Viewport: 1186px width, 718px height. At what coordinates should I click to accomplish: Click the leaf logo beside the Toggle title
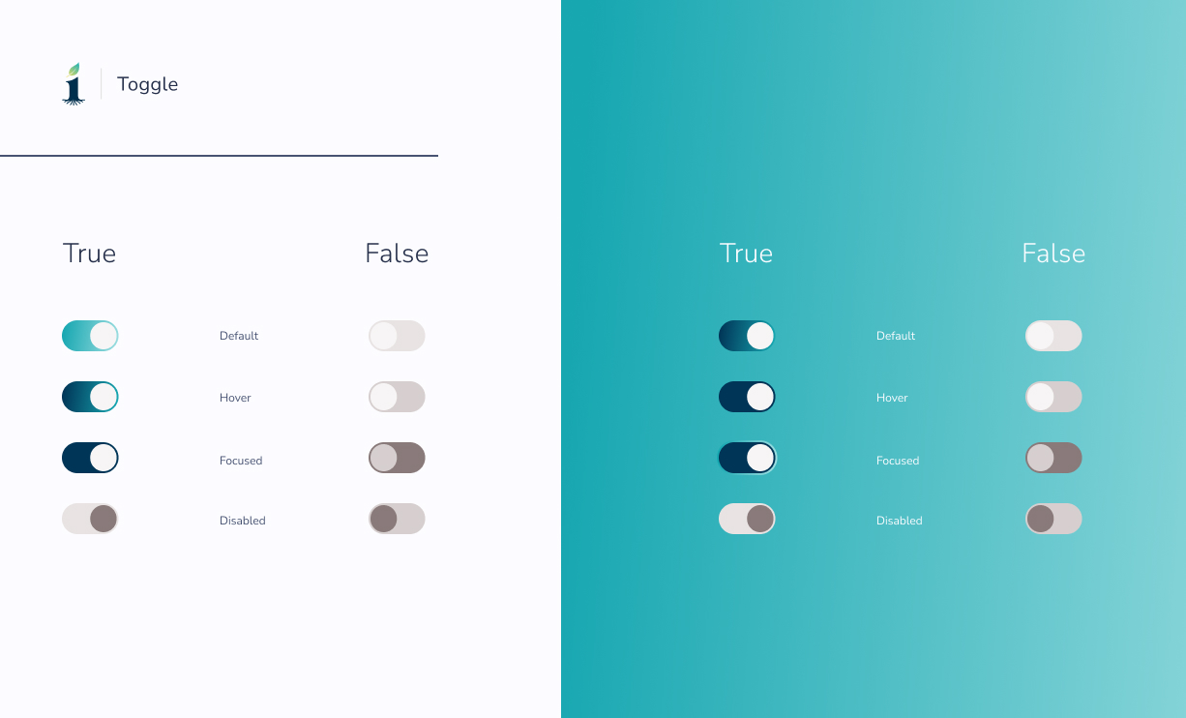point(74,84)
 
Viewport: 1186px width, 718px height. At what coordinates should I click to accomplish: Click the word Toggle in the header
point(147,84)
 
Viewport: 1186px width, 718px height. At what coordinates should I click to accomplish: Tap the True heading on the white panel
point(89,254)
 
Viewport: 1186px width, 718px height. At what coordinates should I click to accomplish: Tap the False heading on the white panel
point(397,254)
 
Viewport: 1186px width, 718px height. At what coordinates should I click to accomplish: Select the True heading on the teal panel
point(746,254)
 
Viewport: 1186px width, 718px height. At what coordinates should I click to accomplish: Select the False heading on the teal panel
point(1053,254)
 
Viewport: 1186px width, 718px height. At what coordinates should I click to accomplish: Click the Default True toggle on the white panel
point(90,336)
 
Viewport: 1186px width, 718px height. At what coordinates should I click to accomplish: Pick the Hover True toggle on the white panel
point(90,397)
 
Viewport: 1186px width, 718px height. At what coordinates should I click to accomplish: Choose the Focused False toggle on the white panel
point(397,458)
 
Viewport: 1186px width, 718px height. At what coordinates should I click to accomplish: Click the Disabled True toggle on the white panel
point(90,519)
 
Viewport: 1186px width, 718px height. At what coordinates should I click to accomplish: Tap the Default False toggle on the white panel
point(397,336)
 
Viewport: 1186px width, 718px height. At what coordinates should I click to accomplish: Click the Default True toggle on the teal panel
point(747,336)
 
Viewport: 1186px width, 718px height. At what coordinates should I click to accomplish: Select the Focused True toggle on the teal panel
point(747,458)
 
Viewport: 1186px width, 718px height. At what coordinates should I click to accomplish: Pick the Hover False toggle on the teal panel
point(1053,397)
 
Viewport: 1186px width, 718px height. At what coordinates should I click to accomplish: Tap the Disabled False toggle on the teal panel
point(1053,519)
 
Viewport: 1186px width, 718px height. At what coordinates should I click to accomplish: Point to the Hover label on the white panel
point(235,398)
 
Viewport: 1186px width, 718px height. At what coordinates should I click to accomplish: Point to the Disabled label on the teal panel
point(900,521)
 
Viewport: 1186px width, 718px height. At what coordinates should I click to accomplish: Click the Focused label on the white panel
point(241,461)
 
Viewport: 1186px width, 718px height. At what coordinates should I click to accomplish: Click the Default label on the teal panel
point(896,336)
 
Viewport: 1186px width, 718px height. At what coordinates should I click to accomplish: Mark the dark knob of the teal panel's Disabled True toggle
point(760,519)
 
